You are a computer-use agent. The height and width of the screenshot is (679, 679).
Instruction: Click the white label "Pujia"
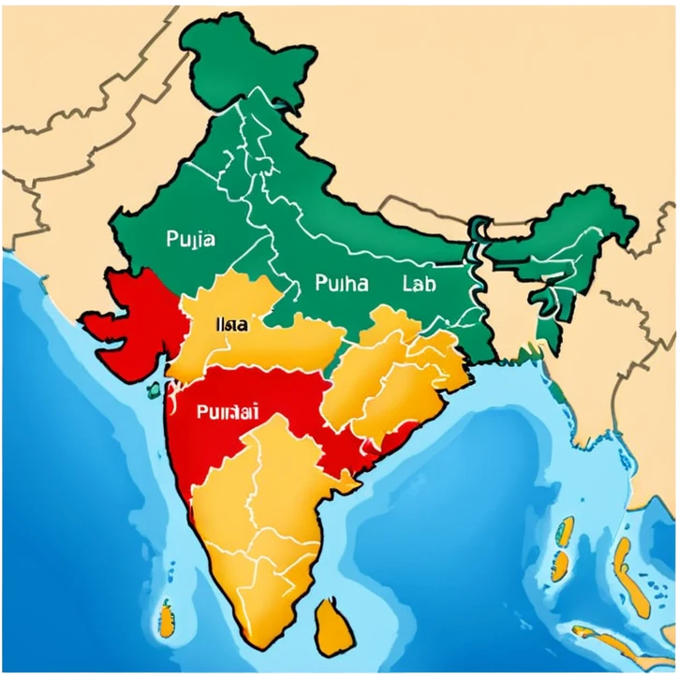190,239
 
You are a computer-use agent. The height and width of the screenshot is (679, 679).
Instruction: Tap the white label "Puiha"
342,282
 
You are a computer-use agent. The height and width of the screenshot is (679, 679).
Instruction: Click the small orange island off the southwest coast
167,618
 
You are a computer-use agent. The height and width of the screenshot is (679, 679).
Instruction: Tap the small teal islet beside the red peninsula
152,387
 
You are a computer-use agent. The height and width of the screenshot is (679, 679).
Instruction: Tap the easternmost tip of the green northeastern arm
636,225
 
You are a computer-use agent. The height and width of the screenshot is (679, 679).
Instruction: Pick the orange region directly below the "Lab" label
412,365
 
